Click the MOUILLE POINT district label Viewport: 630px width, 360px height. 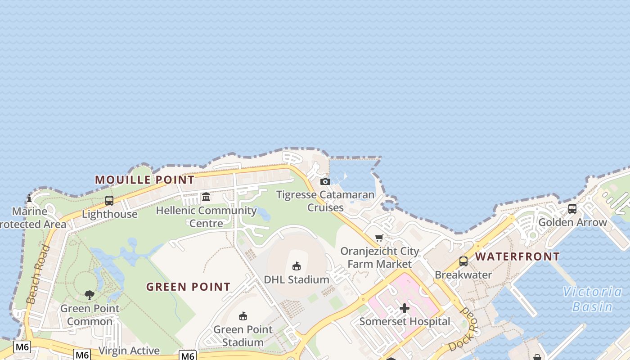point(144,180)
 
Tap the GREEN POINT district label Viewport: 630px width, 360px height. point(188,287)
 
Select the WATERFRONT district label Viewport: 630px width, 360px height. point(517,256)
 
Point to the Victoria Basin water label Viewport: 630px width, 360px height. point(592,299)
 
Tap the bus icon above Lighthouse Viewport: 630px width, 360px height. point(109,201)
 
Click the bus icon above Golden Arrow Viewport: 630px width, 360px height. point(572,209)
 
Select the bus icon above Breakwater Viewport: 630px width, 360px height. point(463,261)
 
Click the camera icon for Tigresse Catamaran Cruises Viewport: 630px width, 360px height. point(325,181)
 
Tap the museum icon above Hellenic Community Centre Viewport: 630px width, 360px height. point(206,197)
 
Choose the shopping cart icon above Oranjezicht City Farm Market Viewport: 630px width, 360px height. point(379,238)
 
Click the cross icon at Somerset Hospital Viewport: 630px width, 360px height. point(405,308)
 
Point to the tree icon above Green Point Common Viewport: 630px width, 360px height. point(90,295)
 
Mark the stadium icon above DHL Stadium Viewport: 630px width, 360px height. point(297,266)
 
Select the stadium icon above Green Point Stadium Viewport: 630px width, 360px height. point(243,316)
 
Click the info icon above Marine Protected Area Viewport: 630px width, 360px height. point(29,198)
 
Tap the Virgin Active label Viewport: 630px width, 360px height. point(129,351)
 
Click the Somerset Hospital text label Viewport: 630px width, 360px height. point(405,321)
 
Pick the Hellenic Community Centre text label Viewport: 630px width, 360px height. point(206,216)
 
